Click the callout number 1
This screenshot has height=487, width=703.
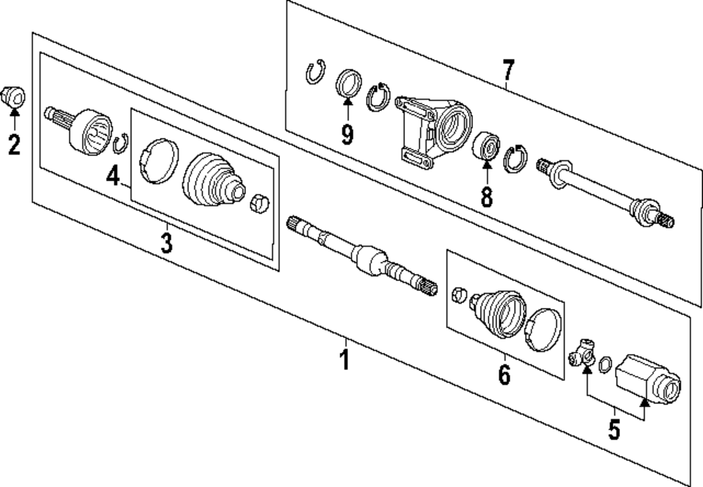pyautogui.click(x=344, y=360)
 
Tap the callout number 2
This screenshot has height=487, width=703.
pyautogui.click(x=14, y=145)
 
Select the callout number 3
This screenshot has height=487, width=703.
pyautogui.click(x=166, y=243)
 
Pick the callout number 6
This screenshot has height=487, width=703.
pyautogui.click(x=504, y=375)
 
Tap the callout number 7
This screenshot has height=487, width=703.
pyautogui.click(x=508, y=70)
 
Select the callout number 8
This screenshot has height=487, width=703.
pyautogui.click(x=486, y=196)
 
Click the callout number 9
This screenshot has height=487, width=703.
pyautogui.click(x=347, y=134)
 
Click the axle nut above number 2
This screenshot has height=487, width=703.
pyautogui.click(x=14, y=95)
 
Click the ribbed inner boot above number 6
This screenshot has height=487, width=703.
pyautogui.click(x=497, y=313)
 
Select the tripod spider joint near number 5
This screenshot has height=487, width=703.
pyautogui.click(x=583, y=351)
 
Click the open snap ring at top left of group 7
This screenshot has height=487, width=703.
pyautogui.click(x=316, y=72)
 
